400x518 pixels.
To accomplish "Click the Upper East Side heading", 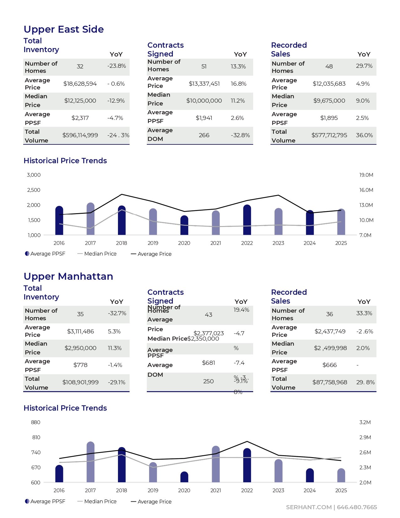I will click(x=64, y=29).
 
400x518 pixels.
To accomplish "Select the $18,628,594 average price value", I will click(x=80, y=84).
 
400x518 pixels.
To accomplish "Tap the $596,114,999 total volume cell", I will click(x=80, y=135).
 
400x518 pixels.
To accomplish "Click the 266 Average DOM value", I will click(x=204, y=135).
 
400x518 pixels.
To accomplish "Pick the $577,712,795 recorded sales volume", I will click(x=329, y=135).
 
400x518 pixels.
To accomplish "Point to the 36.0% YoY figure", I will click(x=364, y=135).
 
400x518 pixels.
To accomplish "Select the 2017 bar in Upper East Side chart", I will click(x=90, y=219).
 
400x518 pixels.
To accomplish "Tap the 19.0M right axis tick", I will click(x=366, y=175).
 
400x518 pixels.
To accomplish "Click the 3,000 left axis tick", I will click(x=34, y=175).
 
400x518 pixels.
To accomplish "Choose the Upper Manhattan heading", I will click(x=68, y=276).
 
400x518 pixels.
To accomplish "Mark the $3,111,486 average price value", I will click(x=80, y=332).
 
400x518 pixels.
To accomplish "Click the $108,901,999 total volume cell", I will click(x=80, y=382).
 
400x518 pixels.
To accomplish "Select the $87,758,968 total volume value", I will click(x=330, y=382).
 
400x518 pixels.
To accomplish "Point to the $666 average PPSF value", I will click(x=329, y=365).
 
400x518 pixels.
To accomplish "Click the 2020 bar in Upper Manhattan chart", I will click(x=184, y=477).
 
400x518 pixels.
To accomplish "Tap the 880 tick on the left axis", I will click(x=36, y=423).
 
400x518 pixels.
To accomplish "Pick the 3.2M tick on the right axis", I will click(x=365, y=423).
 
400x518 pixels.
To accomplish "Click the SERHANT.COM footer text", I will click(x=309, y=507).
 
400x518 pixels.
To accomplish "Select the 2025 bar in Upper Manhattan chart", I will click(x=341, y=476).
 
